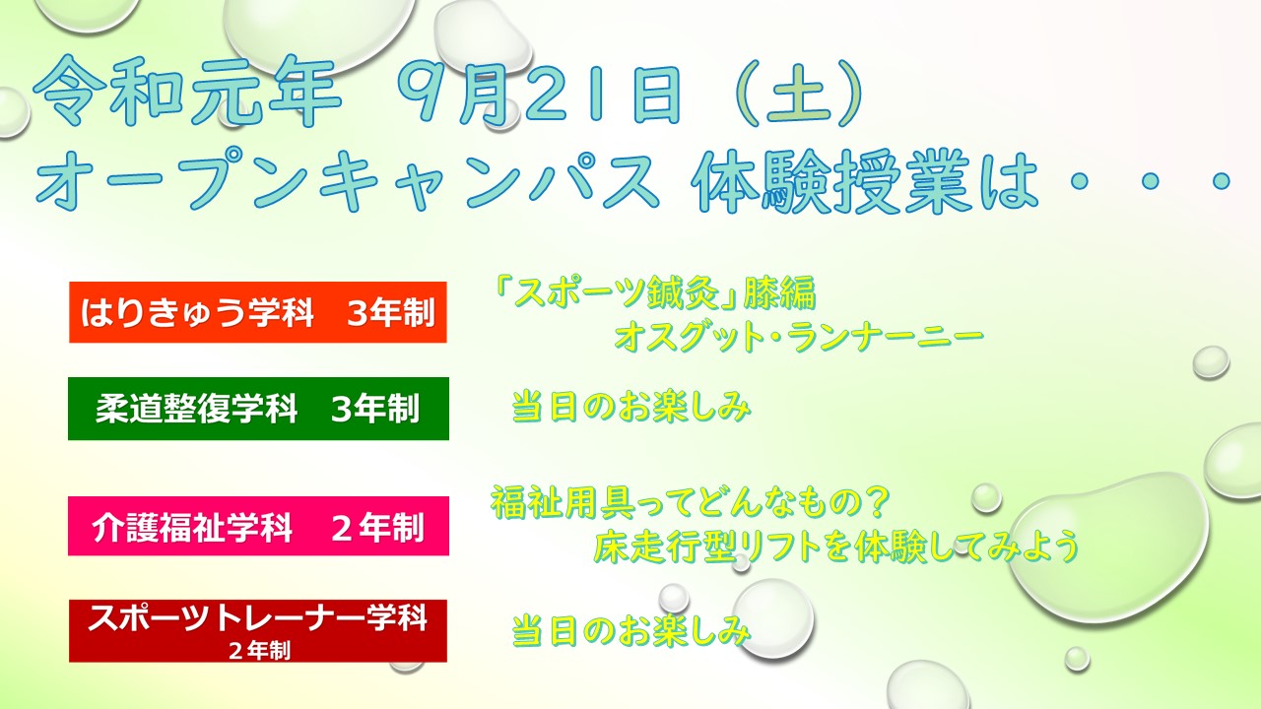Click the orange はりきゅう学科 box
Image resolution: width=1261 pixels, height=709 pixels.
tap(258, 312)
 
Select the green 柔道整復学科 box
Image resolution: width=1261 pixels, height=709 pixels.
tap(258, 409)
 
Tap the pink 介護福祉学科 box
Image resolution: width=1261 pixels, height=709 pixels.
tap(258, 526)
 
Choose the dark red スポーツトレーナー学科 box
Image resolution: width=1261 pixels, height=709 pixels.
tap(258, 631)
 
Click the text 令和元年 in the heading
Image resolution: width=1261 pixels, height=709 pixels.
tap(187, 93)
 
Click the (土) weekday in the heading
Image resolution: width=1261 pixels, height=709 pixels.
tap(799, 93)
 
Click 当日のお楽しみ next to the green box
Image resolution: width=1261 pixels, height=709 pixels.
tap(631, 406)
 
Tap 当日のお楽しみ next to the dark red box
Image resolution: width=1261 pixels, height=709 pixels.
tap(631, 631)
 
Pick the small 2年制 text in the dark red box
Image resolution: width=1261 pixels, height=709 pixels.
tap(259, 651)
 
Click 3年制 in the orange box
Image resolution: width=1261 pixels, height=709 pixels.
tap(391, 313)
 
